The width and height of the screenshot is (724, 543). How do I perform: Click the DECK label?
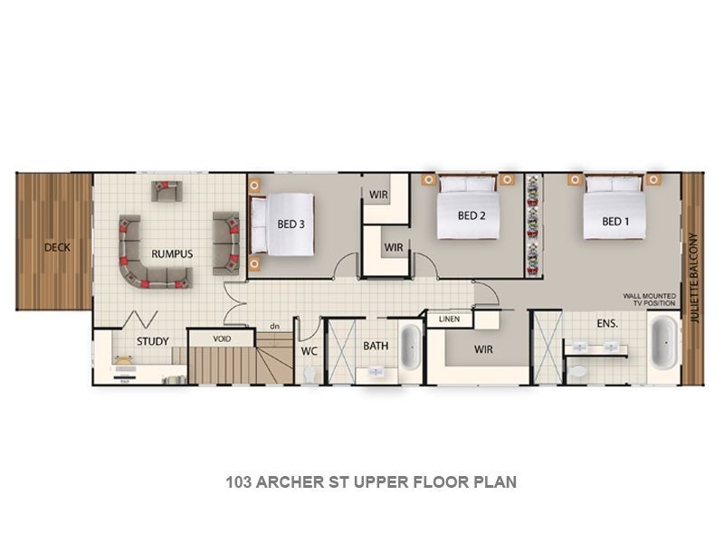coord(56,247)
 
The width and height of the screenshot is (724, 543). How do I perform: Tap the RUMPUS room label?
coord(171,253)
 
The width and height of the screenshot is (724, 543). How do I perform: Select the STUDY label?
coord(152,341)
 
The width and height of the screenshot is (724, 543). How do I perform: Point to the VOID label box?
coord(221,338)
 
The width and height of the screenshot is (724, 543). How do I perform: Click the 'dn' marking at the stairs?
coord(273,326)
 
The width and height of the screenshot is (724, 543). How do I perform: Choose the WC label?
coord(309,350)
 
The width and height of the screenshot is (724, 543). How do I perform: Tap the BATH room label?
coord(376,346)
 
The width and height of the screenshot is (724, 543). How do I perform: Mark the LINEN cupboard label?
coord(450,319)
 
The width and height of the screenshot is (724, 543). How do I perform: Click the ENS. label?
coord(606,322)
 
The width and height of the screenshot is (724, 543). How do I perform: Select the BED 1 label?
coord(614,222)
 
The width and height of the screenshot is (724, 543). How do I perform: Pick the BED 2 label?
coord(472,215)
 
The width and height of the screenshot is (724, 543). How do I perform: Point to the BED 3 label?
coord(290,224)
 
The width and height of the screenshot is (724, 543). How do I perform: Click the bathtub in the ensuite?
coord(662,345)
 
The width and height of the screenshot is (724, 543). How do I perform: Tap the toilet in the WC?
coord(310,372)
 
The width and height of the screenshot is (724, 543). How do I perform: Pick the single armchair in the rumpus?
coord(167,190)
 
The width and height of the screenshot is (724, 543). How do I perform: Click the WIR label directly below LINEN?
coord(483,349)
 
